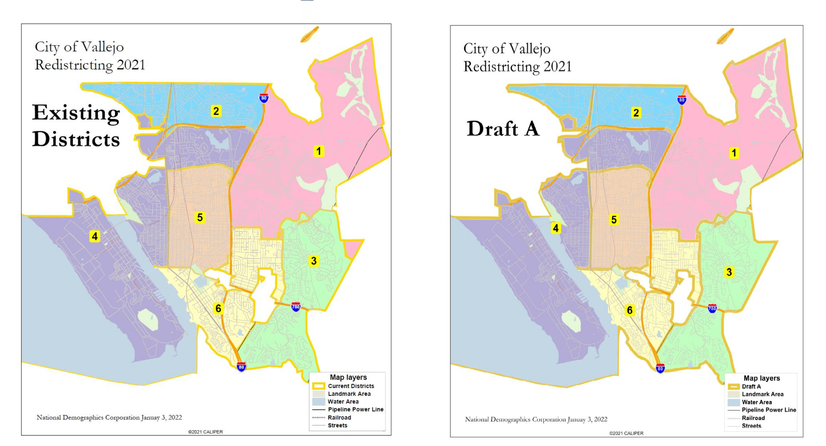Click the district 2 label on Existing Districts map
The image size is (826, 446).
pyautogui.click(x=216, y=111)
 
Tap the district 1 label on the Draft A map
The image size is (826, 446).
pyautogui.click(x=734, y=153)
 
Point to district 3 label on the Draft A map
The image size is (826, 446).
pyautogui.click(x=729, y=272)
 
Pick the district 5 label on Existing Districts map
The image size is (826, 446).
pyautogui.click(x=200, y=218)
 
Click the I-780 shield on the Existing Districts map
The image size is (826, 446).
pyautogui.click(x=296, y=307)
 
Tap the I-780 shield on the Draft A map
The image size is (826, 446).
pyautogui.click(x=712, y=309)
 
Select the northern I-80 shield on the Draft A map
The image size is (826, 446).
pyautogui.click(x=682, y=100)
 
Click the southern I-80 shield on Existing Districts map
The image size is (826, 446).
pyautogui.click(x=241, y=367)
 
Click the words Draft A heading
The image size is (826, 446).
pyautogui.click(x=503, y=129)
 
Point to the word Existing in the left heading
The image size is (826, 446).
pyautogui.click(x=76, y=113)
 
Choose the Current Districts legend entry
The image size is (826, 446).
pyautogui.click(x=351, y=386)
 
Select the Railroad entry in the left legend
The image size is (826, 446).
pyautogui.click(x=339, y=417)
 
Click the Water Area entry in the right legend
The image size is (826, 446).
pyautogui.click(x=756, y=402)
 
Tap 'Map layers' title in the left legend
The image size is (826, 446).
pyautogui.click(x=348, y=377)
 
